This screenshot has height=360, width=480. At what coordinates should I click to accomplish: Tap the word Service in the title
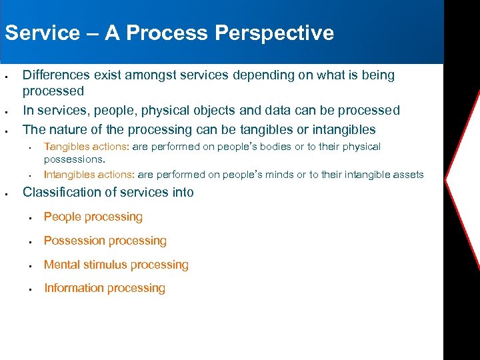(41, 33)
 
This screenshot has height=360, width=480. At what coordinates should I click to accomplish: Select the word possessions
(74, 160)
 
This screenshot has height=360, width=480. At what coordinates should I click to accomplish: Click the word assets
(407, 175)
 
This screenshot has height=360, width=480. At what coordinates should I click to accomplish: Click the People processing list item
(93, 217)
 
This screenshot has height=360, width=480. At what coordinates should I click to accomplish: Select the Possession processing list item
(105, 241)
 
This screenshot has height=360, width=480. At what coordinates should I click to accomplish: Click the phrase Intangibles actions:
(89, 175)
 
